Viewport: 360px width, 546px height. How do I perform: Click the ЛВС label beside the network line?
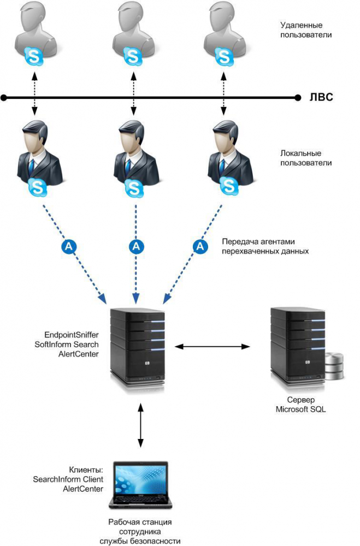coord(320,98)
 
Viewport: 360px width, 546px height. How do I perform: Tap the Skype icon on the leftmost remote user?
coord(34,55)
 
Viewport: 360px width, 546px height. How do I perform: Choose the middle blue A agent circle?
coord(136,246)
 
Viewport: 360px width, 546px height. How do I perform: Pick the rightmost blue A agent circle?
coord(202,246)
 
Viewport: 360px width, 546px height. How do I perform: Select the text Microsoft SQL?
coord(301,409)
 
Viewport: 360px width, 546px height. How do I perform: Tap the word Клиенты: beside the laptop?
coord(85,470)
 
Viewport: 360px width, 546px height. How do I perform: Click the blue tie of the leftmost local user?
coord(32,164)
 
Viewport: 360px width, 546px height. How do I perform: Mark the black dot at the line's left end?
coord(4,98)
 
